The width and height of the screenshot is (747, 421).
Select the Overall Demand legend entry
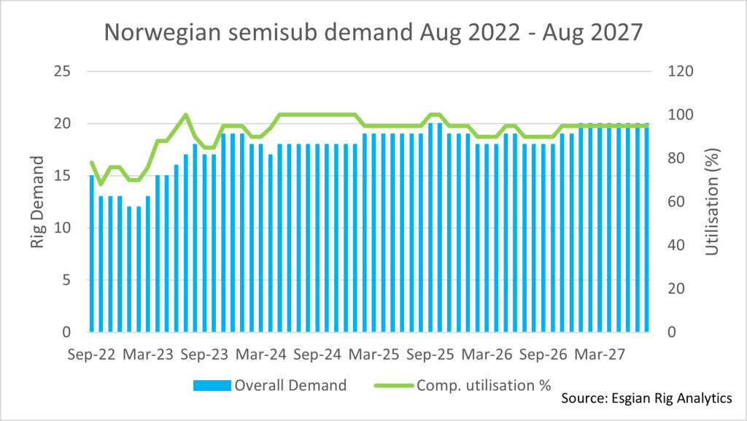(x=270, y=385)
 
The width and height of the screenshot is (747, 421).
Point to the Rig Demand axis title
(x=38, y=201)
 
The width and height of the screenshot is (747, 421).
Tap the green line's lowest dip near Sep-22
(x=101, y=184)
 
